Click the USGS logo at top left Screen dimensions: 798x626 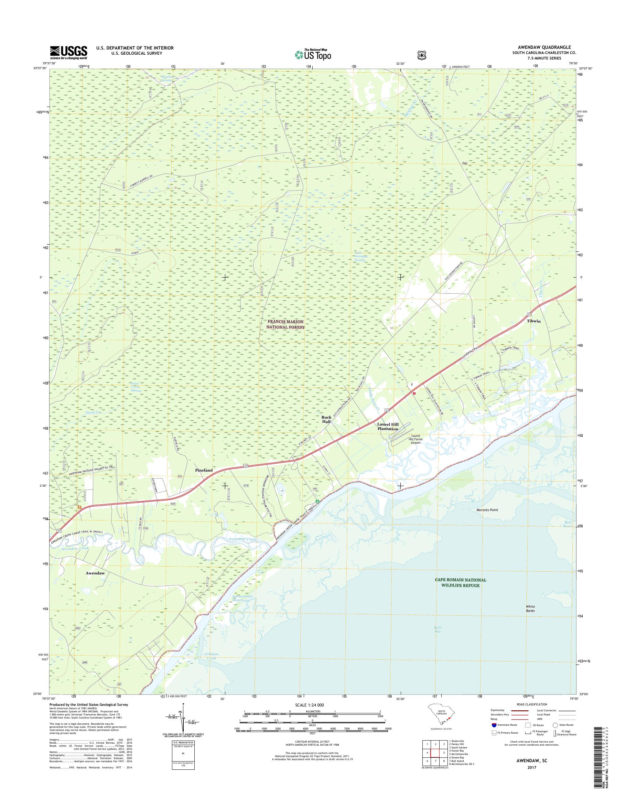(68, 52)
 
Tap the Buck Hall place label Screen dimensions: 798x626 (326, 419)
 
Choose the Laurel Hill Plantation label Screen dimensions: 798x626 (388, 426)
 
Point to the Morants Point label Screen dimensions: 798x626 (487, 510)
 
